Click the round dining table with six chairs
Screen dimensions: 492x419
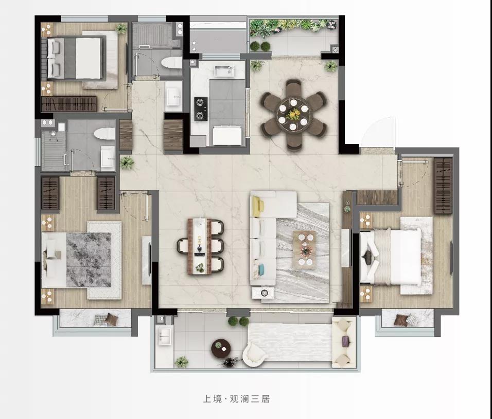[293, 115]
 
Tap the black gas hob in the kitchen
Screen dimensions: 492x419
[200, 109]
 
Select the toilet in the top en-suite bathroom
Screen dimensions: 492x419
[172, 63]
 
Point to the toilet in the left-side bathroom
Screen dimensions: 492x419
[105, 134]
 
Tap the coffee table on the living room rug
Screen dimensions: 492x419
[304, 249]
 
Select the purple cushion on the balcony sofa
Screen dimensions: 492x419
[345, 341]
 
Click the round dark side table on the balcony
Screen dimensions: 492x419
[221, 348]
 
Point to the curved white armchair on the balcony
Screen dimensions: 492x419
[254, 354]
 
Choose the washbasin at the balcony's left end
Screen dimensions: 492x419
[165, 336]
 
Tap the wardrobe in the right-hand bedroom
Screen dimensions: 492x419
[443, 186]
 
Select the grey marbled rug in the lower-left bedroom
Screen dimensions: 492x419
[89, 260]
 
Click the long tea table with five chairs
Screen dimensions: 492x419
[200, 247]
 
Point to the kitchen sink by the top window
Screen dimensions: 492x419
[224, 71]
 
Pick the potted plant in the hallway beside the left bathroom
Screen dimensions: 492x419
[127, 162]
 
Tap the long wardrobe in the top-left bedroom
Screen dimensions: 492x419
[69, 104]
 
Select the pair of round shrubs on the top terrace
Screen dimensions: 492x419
[260, 46]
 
